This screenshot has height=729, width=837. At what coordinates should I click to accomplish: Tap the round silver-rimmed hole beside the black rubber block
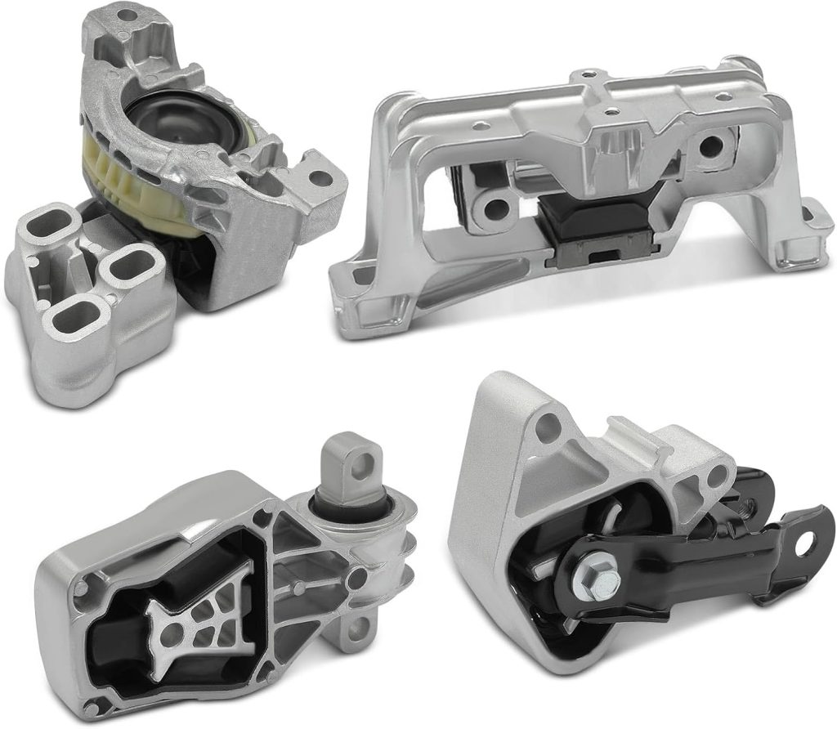pyautogui.click(x=494, y=209)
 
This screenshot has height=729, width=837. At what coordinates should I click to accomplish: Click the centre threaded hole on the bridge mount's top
pyautogui.click(x=607, y=111)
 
